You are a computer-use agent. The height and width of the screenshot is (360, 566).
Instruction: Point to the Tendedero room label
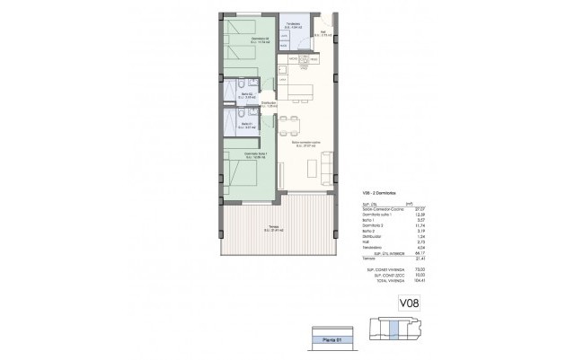(x=292, y=25)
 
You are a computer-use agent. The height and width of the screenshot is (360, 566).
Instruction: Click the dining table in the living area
(x=288, y=126)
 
